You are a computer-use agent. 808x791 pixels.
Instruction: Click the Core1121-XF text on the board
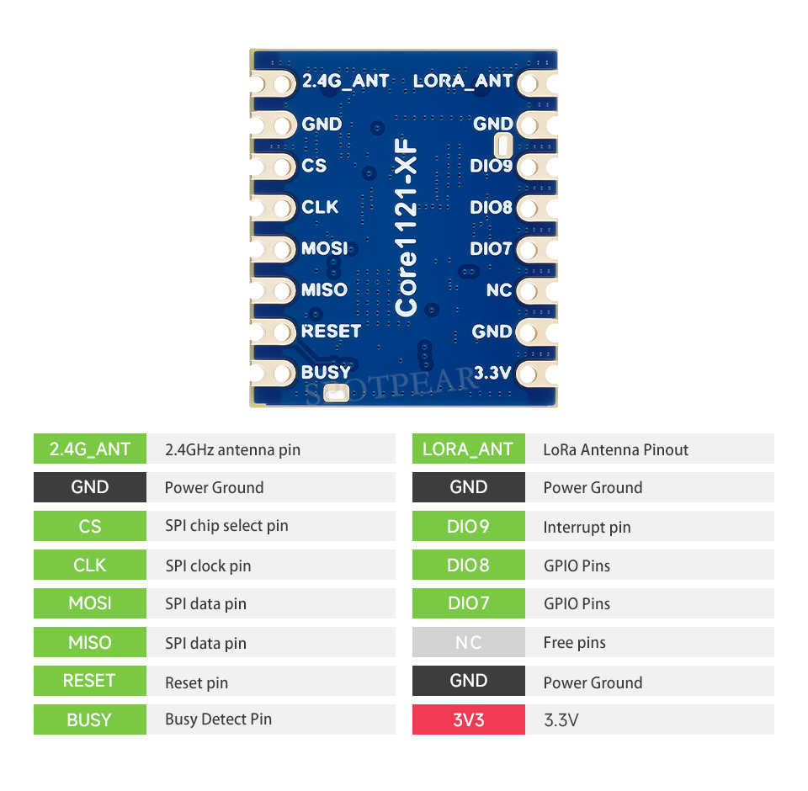tap(406, 227)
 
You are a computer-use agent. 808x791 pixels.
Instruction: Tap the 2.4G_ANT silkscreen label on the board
tap(345, 81)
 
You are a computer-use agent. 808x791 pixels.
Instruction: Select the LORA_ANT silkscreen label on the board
tap(463, 81)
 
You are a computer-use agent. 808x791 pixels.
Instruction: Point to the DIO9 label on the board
tap(491, 166)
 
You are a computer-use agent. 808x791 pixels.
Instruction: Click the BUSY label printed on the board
tap(326, 372)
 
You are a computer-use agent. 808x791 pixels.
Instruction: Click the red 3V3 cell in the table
tap(469, 719)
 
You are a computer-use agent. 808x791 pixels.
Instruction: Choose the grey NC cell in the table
tap(469, 642)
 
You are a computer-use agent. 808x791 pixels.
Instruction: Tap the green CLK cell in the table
tap(90, 565)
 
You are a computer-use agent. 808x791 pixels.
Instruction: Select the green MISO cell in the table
tap(90, 642)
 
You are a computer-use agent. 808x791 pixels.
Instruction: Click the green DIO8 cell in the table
tap(469, 565)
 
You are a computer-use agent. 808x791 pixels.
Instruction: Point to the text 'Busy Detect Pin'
tap(219, 719)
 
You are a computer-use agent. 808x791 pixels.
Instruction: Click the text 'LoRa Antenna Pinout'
tap(616, 450)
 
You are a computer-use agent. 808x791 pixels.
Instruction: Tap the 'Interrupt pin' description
tap(587, 527)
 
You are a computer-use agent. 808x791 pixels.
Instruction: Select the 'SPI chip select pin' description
tap(226, 526)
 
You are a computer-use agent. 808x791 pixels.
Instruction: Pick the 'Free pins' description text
tap(575, 643)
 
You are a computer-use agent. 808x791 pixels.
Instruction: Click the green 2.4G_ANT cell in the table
tap(90, 449)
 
